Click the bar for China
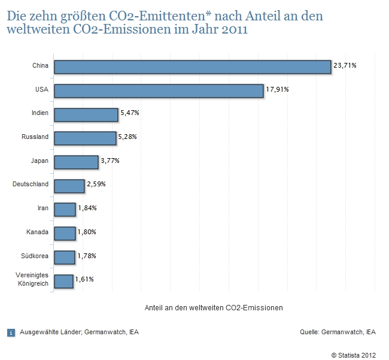192,66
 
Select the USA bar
159,90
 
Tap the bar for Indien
86,114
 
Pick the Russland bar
84,138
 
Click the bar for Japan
75,162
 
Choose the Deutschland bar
69,186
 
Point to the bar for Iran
65,209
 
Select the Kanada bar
65,232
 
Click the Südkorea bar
64,256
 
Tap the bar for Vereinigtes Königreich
63,280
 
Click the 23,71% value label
345,65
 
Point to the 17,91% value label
278,89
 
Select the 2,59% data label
96,184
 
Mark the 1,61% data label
84,279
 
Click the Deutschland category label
31,184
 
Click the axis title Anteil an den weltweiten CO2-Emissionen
214,307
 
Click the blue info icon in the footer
11,332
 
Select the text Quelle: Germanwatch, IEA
338,331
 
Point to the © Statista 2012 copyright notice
353,355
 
